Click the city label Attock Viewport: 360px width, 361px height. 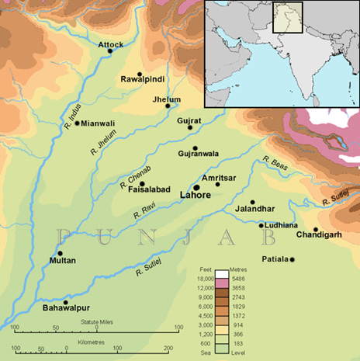[x=111, y=44]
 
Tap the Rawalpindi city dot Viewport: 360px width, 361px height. [x=140, y=74]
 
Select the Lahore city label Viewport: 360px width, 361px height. [x=196, y=196]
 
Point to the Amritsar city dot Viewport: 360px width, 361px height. [x=218, y=184]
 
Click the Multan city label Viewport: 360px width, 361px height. [x=62, y=262]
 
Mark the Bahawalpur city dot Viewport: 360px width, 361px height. [x=67, y=301]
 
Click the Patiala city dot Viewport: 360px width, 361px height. [x=292, y=259]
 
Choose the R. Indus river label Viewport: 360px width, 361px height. [x=68, y=125]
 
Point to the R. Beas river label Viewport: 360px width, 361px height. [x=274, y=164]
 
